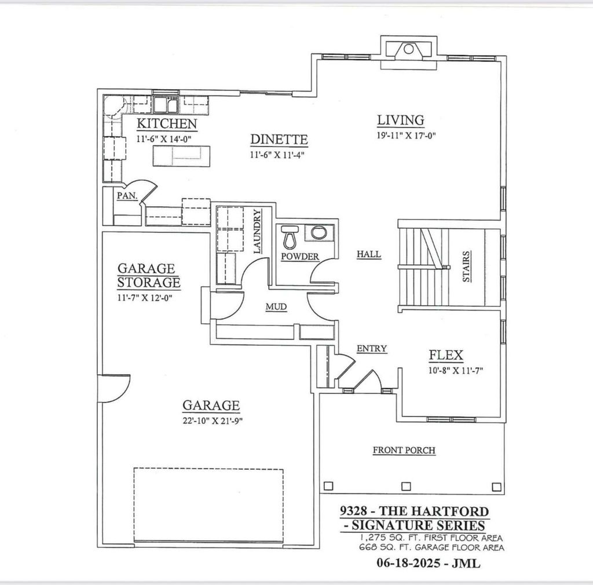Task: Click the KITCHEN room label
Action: (x=166, y=124)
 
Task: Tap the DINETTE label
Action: (x=279, y=140)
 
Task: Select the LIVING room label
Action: (x=401, y=120)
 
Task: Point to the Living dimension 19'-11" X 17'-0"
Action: (x=405, y=136)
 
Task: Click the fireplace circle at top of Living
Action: (x=408, y=49)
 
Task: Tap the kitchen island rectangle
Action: (x=180, y=156)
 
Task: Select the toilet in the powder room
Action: (x=290, y=236)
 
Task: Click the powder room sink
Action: (x=318, y=233)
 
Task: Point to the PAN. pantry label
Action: (x=126, y=196)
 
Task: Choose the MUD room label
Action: (x=276, y=306)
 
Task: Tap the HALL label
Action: (x=368, y=254)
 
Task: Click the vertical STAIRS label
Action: (x=466, y=266)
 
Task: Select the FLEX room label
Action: (x=445, y=356)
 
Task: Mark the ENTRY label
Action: (x=371, y=348)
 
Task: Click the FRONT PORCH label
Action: (x=404, y=450)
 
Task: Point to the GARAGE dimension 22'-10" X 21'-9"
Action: (x=211, y=421)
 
